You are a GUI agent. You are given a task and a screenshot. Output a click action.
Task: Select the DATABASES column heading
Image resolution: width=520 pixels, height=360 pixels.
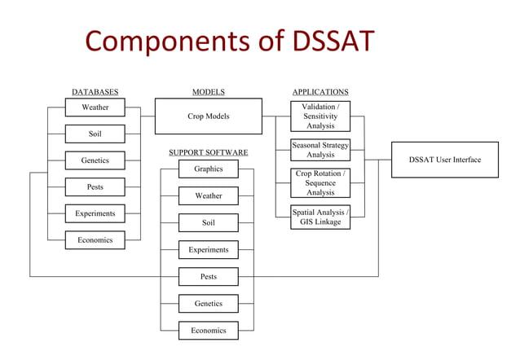[95, 92]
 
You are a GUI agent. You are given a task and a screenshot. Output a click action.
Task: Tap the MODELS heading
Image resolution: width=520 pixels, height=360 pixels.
[208, 92]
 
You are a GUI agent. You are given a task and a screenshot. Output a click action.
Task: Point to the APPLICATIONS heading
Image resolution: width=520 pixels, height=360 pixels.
[320, 92]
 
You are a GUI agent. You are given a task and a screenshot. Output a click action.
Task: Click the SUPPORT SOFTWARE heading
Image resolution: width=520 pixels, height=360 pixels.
[208, 152]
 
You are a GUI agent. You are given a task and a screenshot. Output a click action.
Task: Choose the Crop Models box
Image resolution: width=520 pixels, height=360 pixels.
[208, 116]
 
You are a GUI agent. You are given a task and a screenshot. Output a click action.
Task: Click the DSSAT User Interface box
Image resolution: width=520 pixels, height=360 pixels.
[444, 160]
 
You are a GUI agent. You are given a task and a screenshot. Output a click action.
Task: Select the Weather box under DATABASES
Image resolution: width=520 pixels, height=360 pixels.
[95, 108]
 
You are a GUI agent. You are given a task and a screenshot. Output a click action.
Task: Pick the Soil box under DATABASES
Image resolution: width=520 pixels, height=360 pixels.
[95, 134]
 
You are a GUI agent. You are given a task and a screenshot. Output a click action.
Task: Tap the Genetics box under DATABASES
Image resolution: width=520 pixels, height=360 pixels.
[95, 160]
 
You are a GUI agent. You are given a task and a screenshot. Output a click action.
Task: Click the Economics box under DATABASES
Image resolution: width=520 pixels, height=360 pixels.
[95, 240]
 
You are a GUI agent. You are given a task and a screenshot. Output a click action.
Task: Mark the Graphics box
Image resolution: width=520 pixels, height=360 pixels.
[208, 169]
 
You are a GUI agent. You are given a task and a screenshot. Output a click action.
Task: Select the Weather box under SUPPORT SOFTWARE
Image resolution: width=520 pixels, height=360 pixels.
[208, 195]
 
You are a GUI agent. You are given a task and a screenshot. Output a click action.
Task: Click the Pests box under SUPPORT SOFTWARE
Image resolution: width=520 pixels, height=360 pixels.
[208, 277]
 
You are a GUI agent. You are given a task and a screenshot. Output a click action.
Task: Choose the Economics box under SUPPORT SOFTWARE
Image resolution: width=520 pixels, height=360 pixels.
[208, 331]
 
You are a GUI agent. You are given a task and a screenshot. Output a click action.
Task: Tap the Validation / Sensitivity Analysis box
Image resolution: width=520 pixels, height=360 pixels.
[320, 116]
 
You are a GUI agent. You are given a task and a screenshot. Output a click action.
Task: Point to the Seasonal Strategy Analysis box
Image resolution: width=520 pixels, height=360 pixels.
[320, 150]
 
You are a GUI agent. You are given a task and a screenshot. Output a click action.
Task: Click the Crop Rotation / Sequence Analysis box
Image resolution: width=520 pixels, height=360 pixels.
[320, 183]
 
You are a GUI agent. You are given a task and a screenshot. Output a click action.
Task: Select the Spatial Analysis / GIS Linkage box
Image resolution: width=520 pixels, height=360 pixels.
[320, 217]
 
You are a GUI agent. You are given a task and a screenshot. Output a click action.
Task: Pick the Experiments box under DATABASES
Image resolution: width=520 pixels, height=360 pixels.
[95, 213]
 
